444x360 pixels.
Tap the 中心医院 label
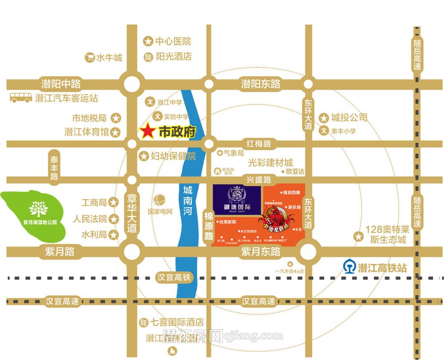[x=173, y=41]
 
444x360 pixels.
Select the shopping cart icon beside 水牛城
[x=90, y=57]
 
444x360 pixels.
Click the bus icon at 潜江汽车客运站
[x=21, y=97]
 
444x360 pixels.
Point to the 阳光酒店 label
[x=174, y=56]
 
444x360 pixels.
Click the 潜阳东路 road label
[x=261, y=84]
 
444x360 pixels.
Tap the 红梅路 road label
[x=259, y=144]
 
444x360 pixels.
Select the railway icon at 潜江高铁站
[x=350, y=267]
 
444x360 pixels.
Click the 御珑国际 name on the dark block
[x=237, y=207]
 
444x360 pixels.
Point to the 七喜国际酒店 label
[x=177, y=321]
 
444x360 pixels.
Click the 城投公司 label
[x=349, y=117]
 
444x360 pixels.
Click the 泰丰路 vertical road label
[x=54, y=168]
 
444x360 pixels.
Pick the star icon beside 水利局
[x=114, y=234]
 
